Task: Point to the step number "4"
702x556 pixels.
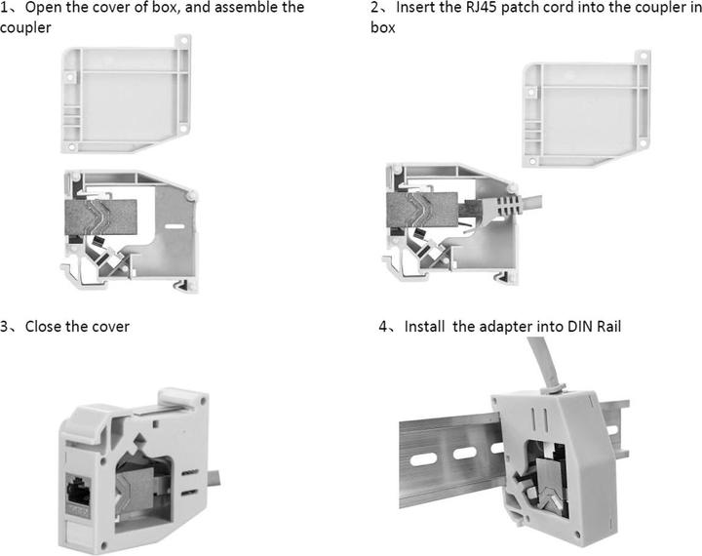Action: coord(383,326)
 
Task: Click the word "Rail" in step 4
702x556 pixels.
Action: coord(608,326)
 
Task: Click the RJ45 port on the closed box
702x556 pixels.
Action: coord(78,492)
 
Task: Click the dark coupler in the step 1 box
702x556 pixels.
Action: coord(101,217)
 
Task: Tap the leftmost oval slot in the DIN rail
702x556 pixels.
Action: coord(422,458)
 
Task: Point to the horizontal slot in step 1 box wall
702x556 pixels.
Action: coord(175,226)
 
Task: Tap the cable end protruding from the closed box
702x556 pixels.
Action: coord(214,478)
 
